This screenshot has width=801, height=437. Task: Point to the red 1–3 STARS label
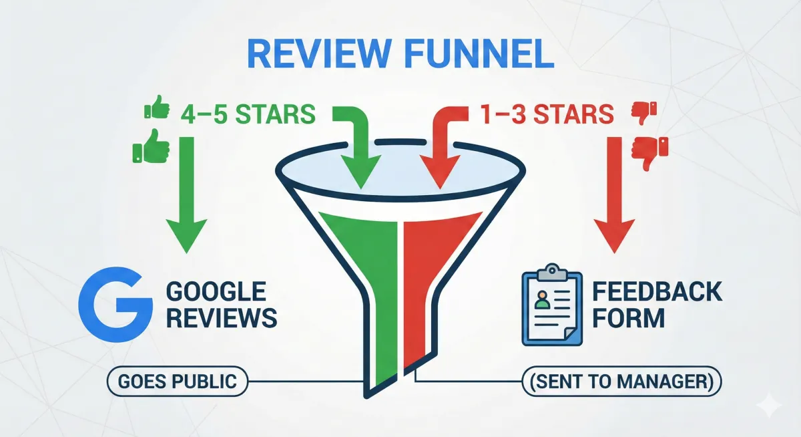[546, 115]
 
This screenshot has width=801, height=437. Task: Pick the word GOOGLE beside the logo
[216, 292]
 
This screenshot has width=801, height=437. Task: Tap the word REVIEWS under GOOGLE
[221, 318]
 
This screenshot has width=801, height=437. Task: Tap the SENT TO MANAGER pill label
[621, 382]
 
